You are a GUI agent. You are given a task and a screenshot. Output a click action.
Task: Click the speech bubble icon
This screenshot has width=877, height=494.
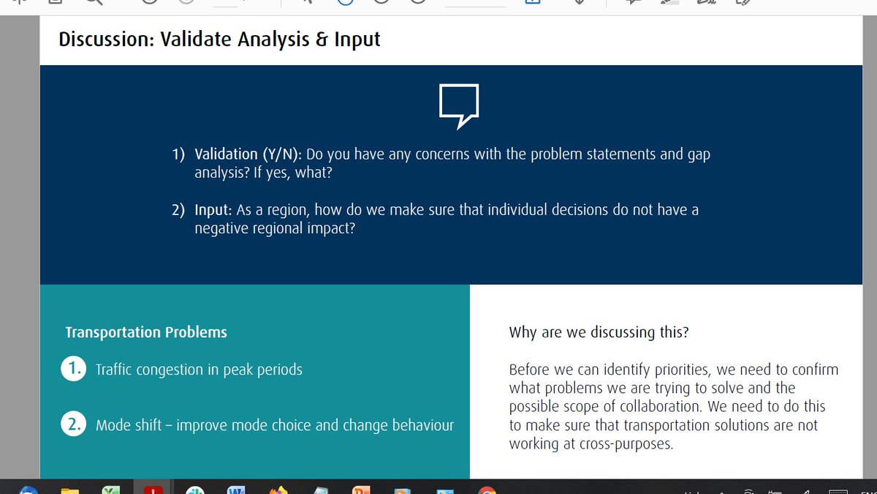(458, 105)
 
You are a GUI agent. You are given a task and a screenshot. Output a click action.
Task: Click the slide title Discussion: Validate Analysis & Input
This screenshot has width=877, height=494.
(219, 39)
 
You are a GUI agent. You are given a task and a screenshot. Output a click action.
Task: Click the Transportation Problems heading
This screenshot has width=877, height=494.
(146, 332)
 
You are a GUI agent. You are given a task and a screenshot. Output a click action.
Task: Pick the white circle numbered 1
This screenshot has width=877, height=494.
(74, 370)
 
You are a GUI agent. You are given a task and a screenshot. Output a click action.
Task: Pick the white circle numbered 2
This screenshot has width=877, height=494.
(74, 425)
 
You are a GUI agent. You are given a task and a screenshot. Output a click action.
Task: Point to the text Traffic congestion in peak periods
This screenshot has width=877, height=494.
(199, 370)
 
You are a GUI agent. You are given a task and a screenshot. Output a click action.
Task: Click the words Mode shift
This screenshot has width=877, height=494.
(128, 426)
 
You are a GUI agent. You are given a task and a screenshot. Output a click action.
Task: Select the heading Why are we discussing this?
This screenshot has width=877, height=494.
(599, 332)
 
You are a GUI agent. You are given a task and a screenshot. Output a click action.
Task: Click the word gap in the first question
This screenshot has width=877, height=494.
(697, 154)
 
